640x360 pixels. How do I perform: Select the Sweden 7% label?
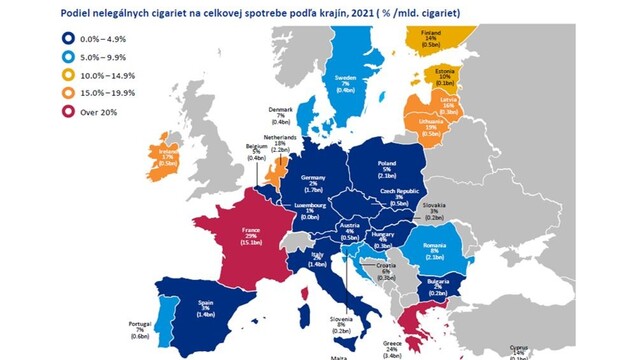(346, 80)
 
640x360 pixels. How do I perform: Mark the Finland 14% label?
(432, 36)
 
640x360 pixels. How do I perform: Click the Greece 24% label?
(393, 345)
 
